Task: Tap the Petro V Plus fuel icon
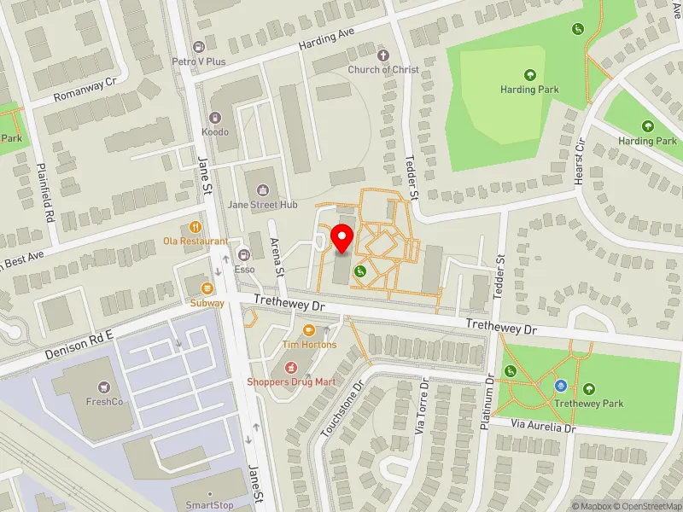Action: click(x=199, y=47)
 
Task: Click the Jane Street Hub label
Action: click(x=262, y=205)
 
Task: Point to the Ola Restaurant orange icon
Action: click(x=196, y=227)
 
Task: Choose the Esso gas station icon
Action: click(x=244, y=254)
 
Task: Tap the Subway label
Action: click(x=207, y=303)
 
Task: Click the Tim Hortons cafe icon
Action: click(x=309, y=330)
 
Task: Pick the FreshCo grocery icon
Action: click(x=104, y=387)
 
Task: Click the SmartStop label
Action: click(x=210, y=505)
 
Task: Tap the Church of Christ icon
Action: click(x=382, y=55)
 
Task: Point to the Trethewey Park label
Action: click(x=589, y=404)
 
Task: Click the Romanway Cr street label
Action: click(x=85, y=89)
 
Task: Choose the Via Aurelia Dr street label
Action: click(x=544, y=425)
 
